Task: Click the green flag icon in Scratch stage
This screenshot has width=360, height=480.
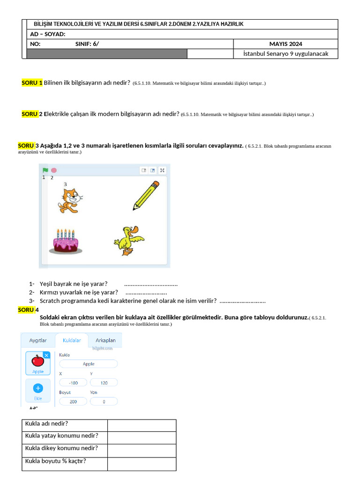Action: pos(45,170)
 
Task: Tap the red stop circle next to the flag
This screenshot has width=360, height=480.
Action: pos(54,170)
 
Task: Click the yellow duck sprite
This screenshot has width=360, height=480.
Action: pos(127,240)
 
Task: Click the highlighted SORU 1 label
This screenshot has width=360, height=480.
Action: pos(32,82)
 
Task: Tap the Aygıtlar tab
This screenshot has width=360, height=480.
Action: pos(38,340)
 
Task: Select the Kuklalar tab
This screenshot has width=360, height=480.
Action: pos(72,340)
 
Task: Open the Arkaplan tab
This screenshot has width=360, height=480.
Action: pos(105,340)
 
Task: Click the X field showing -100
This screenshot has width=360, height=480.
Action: pos(73,383)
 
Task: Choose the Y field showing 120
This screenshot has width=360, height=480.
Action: pos(104,383)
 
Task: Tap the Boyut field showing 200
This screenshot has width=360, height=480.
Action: pos(73,402)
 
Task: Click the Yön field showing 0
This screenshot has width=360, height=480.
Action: pos(104,402)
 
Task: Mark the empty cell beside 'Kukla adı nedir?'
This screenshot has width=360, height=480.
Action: pos(142,425)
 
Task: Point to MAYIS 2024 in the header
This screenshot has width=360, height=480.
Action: pos(285,44)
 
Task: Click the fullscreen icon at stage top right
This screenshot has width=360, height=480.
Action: pos(162,171)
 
